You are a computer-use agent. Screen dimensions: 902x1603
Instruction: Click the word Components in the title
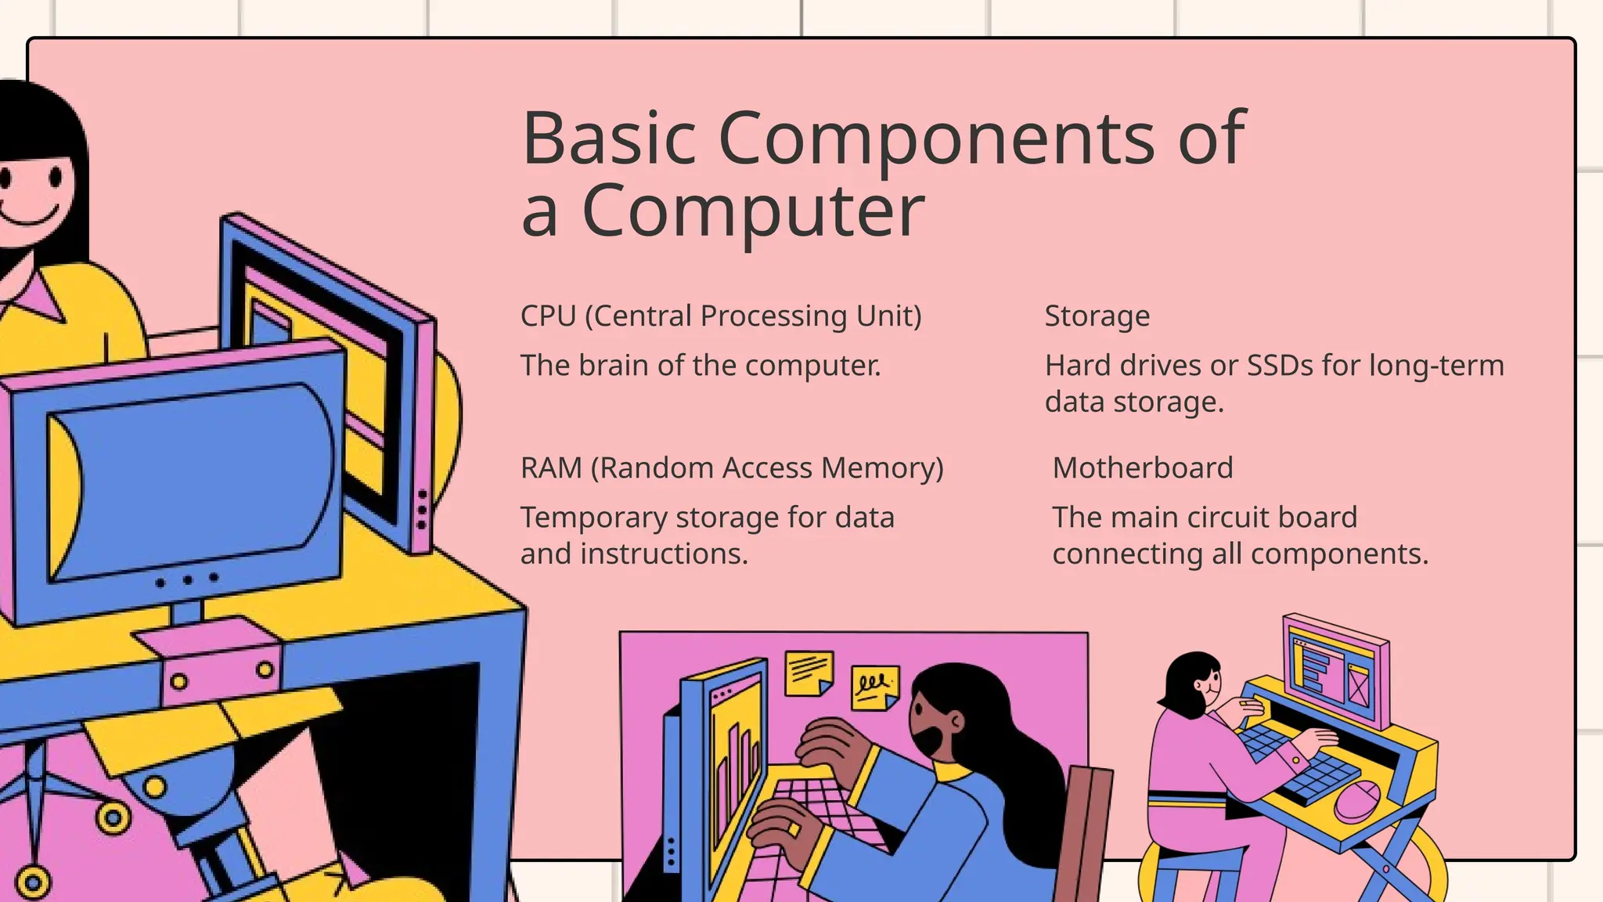936,139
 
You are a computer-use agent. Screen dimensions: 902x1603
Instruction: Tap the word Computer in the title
753,211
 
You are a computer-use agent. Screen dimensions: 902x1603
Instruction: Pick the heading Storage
1097,316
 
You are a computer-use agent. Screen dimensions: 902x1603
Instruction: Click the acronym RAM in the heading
551,468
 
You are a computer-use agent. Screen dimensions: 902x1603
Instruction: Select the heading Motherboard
1142,468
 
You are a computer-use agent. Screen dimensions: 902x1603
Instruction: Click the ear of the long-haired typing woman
955,720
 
